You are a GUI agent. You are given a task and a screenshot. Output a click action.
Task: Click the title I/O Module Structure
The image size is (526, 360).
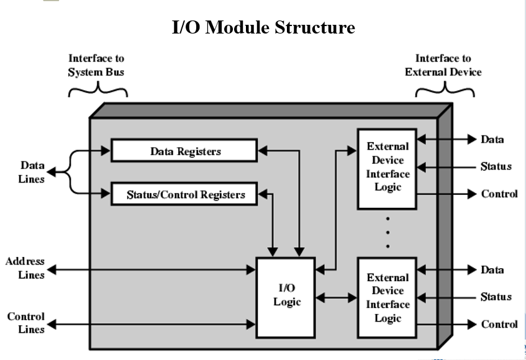(263, 27)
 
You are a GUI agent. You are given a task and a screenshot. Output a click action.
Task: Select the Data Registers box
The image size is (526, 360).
(184, 151)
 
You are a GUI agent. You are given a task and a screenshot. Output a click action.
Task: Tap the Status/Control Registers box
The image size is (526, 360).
(184, 194)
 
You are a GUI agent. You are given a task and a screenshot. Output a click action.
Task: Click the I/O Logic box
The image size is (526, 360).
(286, 297)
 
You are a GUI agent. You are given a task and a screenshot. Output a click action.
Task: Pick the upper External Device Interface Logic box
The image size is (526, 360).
(387, 167)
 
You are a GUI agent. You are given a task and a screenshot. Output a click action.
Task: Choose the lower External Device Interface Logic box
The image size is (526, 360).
(387, 298)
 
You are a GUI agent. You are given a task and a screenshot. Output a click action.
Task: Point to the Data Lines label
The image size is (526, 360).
(32, 172)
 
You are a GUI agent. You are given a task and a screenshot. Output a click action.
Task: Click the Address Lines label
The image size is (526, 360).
(25, 268)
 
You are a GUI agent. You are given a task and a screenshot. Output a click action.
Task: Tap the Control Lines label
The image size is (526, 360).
(26, 323)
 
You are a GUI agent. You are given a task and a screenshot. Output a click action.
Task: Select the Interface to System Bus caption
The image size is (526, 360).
(96, 65)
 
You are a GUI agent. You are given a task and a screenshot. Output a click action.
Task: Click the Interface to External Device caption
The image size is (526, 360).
(443, 65)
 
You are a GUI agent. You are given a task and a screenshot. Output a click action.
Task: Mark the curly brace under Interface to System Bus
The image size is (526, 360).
(97, 91)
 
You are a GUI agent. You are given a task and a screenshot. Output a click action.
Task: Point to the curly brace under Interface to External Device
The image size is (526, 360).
(445, 91)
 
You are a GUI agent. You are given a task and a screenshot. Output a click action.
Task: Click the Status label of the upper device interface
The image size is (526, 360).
(496, 166)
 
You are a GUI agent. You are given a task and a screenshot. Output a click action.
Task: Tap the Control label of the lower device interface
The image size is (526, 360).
(499, 324)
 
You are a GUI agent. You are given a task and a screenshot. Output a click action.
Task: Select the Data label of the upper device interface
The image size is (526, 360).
(492, 139)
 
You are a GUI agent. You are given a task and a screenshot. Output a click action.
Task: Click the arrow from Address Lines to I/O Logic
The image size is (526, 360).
(152, 269)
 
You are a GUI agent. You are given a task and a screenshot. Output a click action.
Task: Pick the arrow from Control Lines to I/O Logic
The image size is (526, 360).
(152, 324)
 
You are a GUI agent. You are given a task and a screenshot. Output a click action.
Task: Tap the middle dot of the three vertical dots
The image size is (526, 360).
(388, 232)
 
